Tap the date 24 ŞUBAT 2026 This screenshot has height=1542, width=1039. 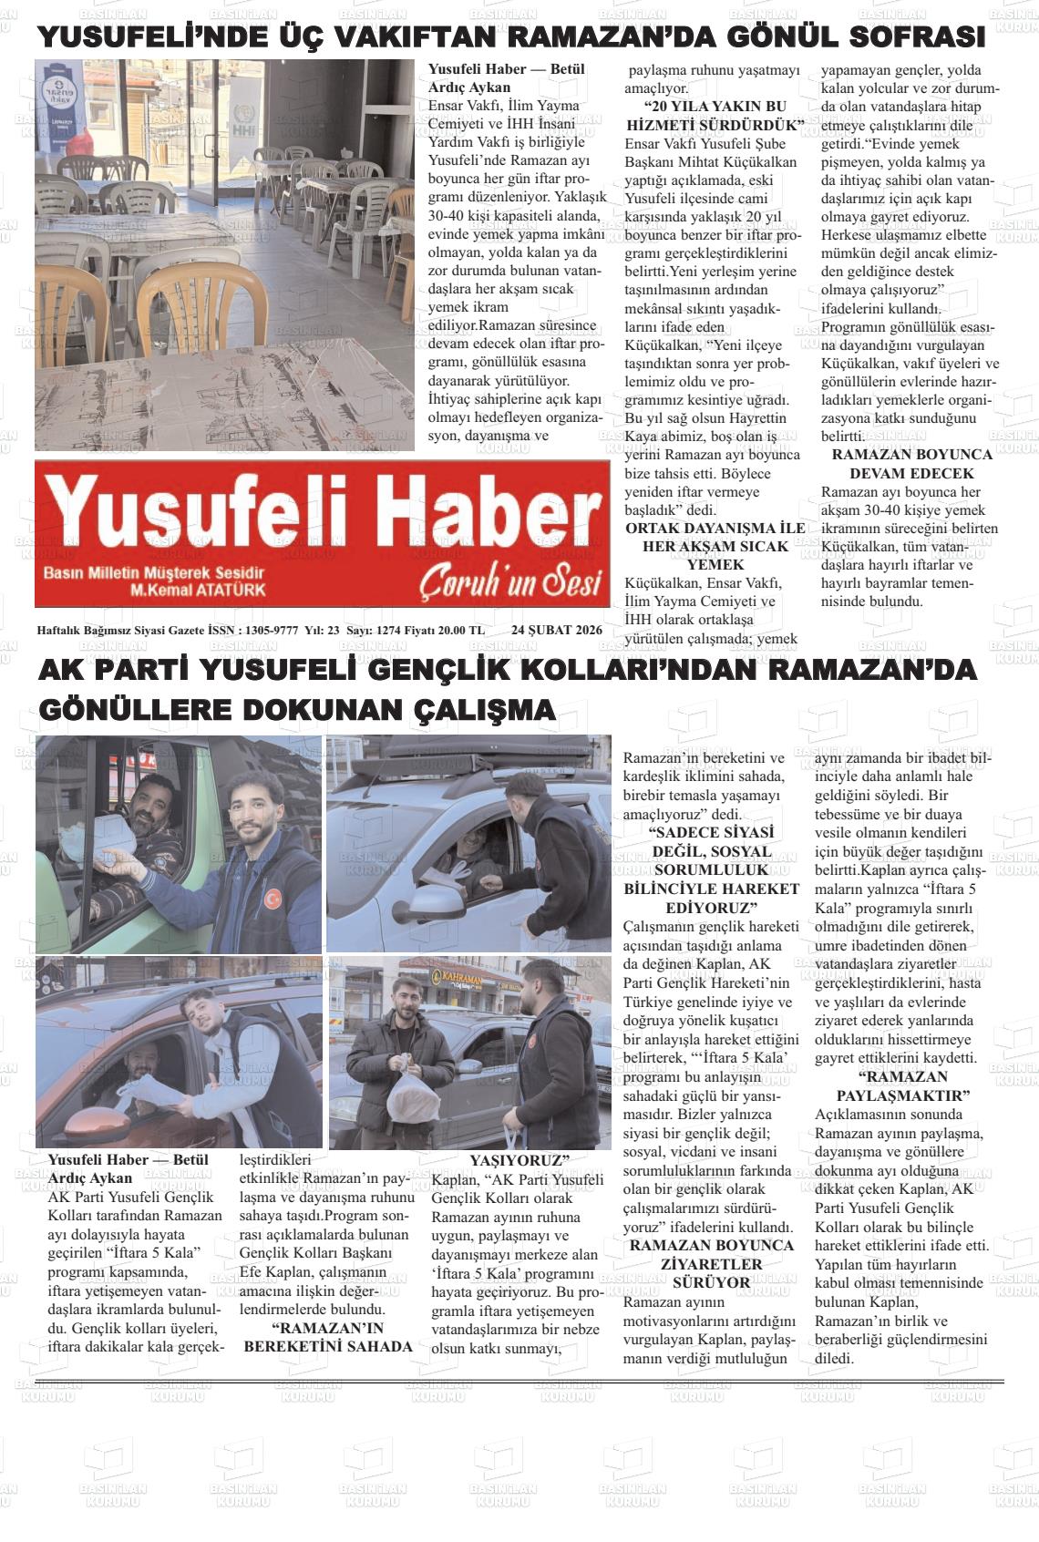pos(556,630)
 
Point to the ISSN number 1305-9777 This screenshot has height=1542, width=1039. pos(273,630)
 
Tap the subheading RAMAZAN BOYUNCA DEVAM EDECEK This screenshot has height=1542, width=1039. pos(911,464)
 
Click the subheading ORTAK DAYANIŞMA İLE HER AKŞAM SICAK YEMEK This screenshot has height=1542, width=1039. pos(715,546)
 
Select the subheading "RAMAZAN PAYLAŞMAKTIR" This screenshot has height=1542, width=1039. pos(902,1086)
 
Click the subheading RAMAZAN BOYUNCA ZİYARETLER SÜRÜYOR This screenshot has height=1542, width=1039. pos(711,1263)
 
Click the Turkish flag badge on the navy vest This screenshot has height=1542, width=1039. pos(273,899)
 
